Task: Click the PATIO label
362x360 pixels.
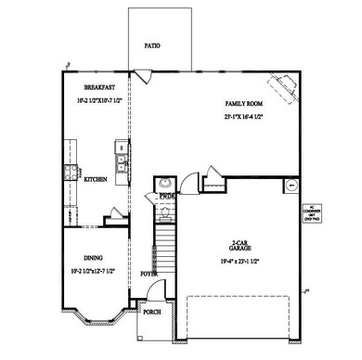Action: [x=153, y=45]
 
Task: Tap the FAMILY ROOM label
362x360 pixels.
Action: [x=244, y=103]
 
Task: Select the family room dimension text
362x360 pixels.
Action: [x=244, y=119]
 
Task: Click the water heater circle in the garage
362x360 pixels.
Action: [x=290, y=186]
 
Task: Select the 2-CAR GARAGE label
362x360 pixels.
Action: [x=244, y=247]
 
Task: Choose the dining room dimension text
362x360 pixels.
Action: [x=90, y=273]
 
